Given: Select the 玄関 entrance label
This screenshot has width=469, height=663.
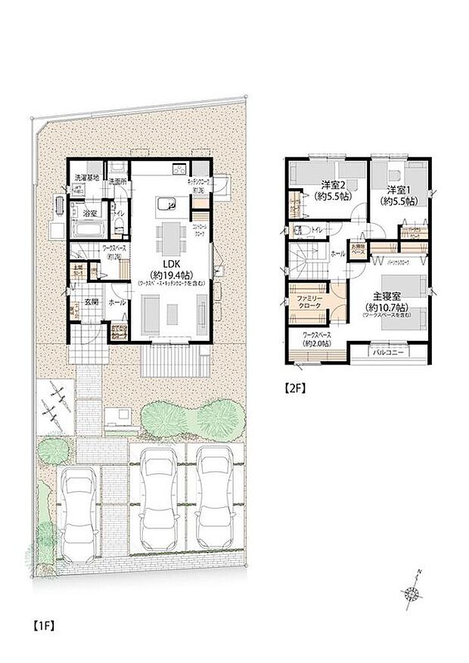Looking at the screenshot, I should pos(90,301).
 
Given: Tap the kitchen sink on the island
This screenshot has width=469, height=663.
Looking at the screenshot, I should pos(169,203).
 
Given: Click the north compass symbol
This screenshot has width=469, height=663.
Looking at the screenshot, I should pos(413,592).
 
